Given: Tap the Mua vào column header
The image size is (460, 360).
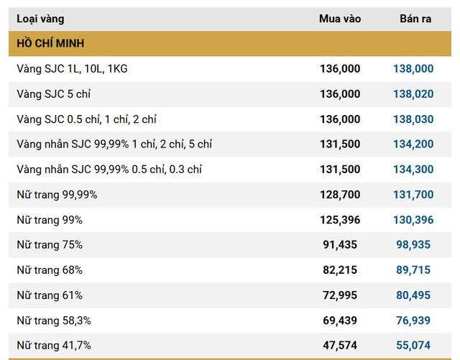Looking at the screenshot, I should (x=339, y=19).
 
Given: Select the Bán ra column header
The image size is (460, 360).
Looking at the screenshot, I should (x=415, y=19).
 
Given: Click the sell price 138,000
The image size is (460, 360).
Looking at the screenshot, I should (x=413, y=69).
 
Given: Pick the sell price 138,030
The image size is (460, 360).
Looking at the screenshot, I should (x=413, y=119).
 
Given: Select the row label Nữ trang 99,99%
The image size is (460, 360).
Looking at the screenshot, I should (x=57, y=195).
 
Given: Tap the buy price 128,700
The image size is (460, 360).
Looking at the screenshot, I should (x=340, y=195).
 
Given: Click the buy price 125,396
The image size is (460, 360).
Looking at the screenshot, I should (x=340, y=220).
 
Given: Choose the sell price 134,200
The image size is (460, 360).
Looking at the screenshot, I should (x=413, y=144).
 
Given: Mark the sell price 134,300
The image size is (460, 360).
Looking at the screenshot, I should (x=413, y=170).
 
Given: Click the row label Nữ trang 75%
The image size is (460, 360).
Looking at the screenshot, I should (x=50, y=245).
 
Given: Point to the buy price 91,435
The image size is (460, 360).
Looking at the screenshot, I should (x=340, y=245).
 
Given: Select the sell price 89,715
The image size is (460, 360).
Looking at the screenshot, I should (x=413, y=270).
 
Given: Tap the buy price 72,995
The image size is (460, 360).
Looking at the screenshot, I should (x=340, y=295).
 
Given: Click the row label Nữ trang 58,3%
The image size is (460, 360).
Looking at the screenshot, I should (x=54, y=320).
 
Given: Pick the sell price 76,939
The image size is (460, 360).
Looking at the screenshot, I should (x=413, y=320).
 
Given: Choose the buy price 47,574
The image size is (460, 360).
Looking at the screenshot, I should (x=340, y=346).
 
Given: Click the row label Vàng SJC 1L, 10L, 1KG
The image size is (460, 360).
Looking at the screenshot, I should (x=72, y=69).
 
